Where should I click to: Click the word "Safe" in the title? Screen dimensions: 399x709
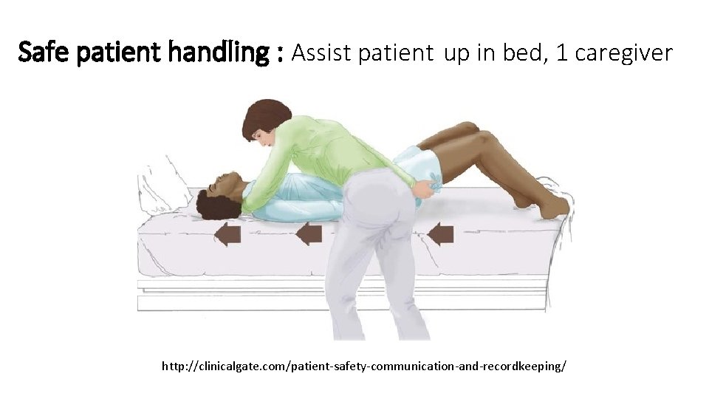click(39, 52)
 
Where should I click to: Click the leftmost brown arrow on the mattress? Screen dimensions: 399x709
click(227, 236)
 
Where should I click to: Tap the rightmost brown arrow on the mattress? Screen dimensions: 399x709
click(440, 234)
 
